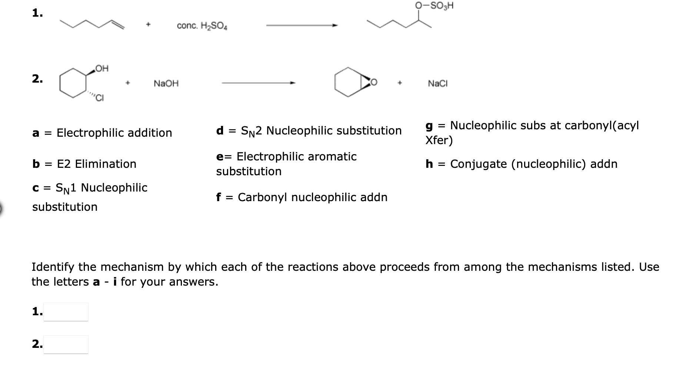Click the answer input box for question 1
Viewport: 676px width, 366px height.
pos(66,312)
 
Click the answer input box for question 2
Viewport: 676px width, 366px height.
pos(66,344)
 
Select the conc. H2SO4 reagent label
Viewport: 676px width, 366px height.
pos(202,26)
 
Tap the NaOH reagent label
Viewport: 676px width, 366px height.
pos(166,84)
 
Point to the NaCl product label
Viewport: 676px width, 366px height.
pos(437,84)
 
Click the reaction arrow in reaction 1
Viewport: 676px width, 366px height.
pos(302,26)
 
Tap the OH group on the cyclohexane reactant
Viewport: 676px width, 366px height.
pos(102,69)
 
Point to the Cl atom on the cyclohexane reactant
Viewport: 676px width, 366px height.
pos(100,98)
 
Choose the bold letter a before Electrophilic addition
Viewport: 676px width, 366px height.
pos(36,133)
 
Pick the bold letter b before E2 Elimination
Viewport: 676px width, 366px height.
pos(36,164)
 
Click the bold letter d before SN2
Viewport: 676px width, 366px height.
pos(220,130)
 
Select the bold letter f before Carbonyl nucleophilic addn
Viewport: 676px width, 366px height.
pos(219,197)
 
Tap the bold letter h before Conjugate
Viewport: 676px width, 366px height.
pos(429,164)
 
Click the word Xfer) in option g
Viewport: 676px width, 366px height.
pos(439,140)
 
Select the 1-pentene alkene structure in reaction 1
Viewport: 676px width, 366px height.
pos(93,24)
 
